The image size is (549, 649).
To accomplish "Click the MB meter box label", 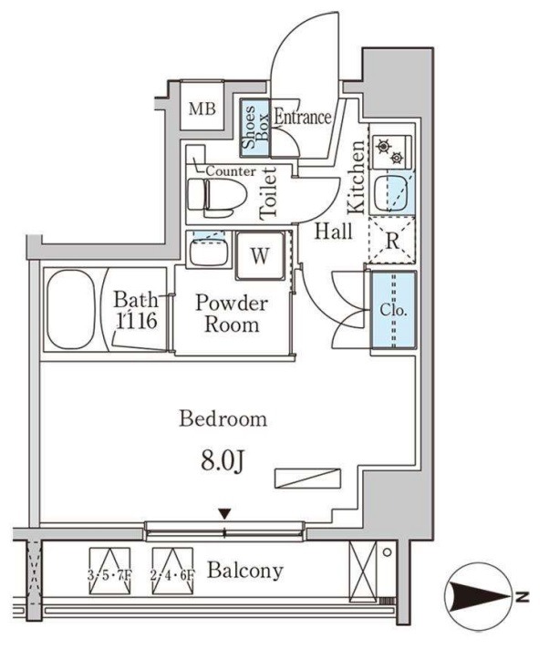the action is (x=202, y=108).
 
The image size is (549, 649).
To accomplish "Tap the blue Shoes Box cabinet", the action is (x=255, y=128).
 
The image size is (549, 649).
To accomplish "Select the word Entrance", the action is (x=303, y=118).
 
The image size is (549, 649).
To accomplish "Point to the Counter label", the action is (x=231, y=171).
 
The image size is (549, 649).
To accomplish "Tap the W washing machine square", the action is (x=260, y=255).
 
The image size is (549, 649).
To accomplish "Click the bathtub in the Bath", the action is (x=71, y=310).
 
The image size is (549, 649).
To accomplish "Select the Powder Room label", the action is (x=232, y=314).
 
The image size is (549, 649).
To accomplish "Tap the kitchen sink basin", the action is (x=391, y=193).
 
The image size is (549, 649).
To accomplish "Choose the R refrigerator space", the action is (x=391, y=240).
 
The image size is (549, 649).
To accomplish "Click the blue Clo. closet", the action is (x=393, y=310).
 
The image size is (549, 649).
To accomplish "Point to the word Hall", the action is (x=333, y=231).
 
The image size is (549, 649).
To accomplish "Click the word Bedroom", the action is (x=223, y=419).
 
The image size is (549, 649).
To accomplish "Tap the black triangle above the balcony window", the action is (x=224, y=514).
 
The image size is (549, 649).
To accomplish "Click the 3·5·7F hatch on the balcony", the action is (x=109, y=572).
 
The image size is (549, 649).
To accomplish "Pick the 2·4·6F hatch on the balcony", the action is (x=172, y=572).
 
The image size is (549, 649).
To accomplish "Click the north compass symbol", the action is (x=480, y=597).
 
